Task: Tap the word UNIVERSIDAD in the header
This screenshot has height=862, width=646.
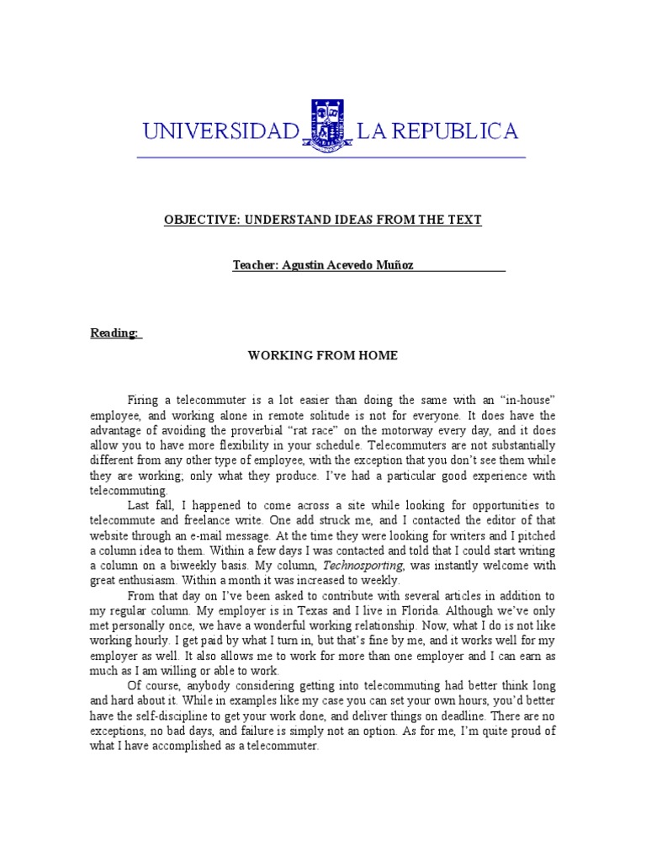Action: tap(221, 131)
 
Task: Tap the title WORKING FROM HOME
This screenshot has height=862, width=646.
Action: tap(322, 356)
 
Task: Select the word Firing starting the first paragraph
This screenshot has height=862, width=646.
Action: tap(143, 398)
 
